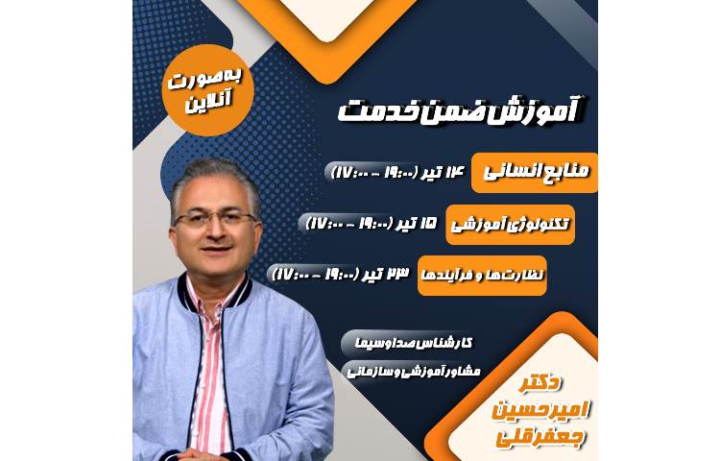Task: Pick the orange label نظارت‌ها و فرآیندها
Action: tap(482, 275)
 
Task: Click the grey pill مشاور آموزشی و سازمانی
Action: tap(423, 371)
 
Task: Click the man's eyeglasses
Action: tap(216, 219)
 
